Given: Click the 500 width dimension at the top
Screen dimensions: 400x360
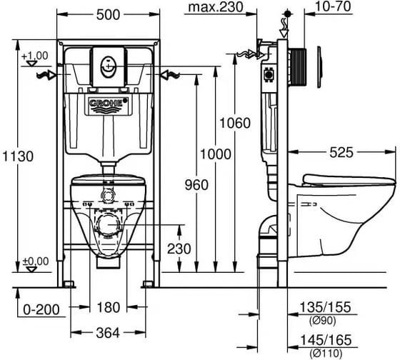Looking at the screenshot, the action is (108, 15).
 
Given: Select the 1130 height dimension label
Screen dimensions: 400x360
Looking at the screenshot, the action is (18, 156).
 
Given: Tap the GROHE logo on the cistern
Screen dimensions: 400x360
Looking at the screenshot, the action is (108, 103).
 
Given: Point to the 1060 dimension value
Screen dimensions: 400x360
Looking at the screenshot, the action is (235, 123).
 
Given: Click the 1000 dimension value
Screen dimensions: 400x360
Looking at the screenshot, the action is (216, 154).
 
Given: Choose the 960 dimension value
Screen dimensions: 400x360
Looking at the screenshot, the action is (196, 185).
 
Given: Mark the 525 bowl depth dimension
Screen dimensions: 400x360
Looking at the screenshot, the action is (341, 153).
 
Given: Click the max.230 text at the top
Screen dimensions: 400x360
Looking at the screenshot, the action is (216, 7).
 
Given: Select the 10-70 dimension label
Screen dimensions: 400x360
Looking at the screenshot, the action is (333, 6).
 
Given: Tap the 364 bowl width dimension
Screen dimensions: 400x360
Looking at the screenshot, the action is (108, 333).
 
